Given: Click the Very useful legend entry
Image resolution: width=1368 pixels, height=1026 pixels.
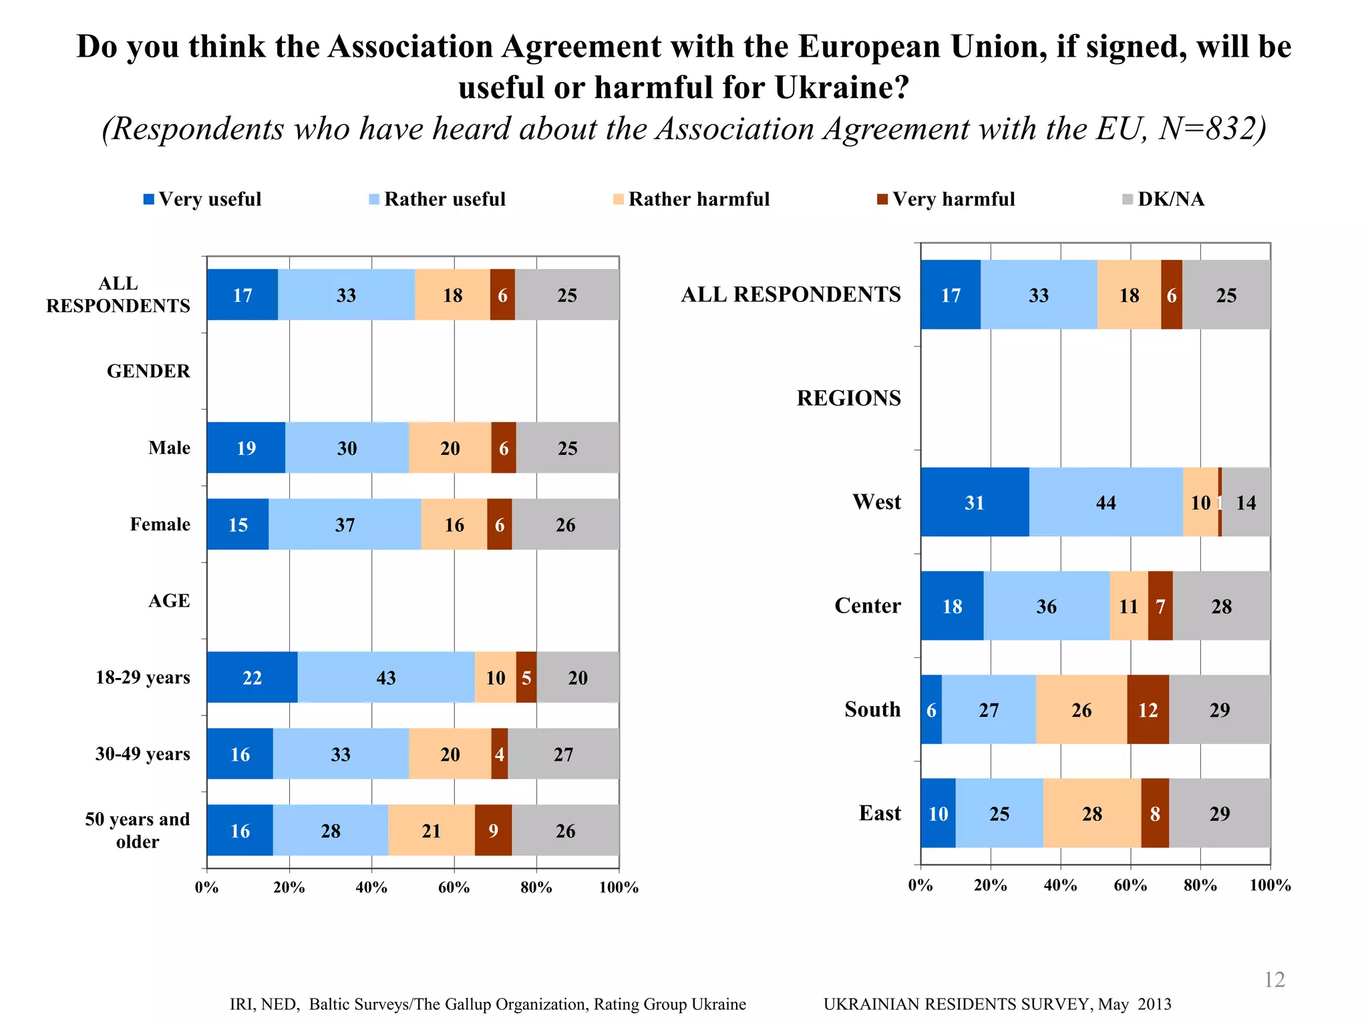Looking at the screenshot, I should [x=202, y=199].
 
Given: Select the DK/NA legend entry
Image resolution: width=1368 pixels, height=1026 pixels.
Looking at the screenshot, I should [x=1164, y=199].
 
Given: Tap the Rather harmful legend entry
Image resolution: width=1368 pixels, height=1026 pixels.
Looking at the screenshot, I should [x=691, y=199].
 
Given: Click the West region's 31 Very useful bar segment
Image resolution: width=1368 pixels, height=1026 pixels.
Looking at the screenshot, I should [x=975, y=502].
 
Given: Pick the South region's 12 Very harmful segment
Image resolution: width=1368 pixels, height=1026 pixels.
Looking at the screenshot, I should [x=1148, y=709].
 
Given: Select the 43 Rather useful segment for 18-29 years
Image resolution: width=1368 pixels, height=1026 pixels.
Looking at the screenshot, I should [x=386, y=677].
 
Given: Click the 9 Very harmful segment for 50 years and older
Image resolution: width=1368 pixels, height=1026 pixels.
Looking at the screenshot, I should [x=493, y=830].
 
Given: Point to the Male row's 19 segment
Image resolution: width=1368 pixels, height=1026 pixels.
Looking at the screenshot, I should [x=246, y=448].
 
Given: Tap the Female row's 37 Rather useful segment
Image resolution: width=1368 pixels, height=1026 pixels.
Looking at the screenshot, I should [x=345, y=524].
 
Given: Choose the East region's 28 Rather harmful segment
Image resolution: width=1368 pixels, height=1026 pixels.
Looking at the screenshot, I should [x=1092, y=813].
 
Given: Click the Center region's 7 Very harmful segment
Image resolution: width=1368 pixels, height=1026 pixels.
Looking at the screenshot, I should [x=1160, y=606].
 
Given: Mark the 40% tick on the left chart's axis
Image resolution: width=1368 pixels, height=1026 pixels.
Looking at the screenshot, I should [x=371, y=887].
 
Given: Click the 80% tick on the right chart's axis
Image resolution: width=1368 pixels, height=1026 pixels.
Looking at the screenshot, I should [x=1200, y=885].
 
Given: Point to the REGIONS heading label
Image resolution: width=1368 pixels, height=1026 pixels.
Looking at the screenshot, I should [x=848, y=398].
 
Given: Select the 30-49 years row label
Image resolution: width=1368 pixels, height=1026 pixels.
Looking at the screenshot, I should [x=142, y=754].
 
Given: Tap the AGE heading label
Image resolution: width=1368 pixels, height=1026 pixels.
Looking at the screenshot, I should [x=169, y=601].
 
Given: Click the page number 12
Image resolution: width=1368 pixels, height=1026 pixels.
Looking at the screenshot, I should [x=1274, y=979].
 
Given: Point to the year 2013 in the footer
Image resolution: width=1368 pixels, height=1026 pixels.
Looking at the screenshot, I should [x=1154, y=1004].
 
